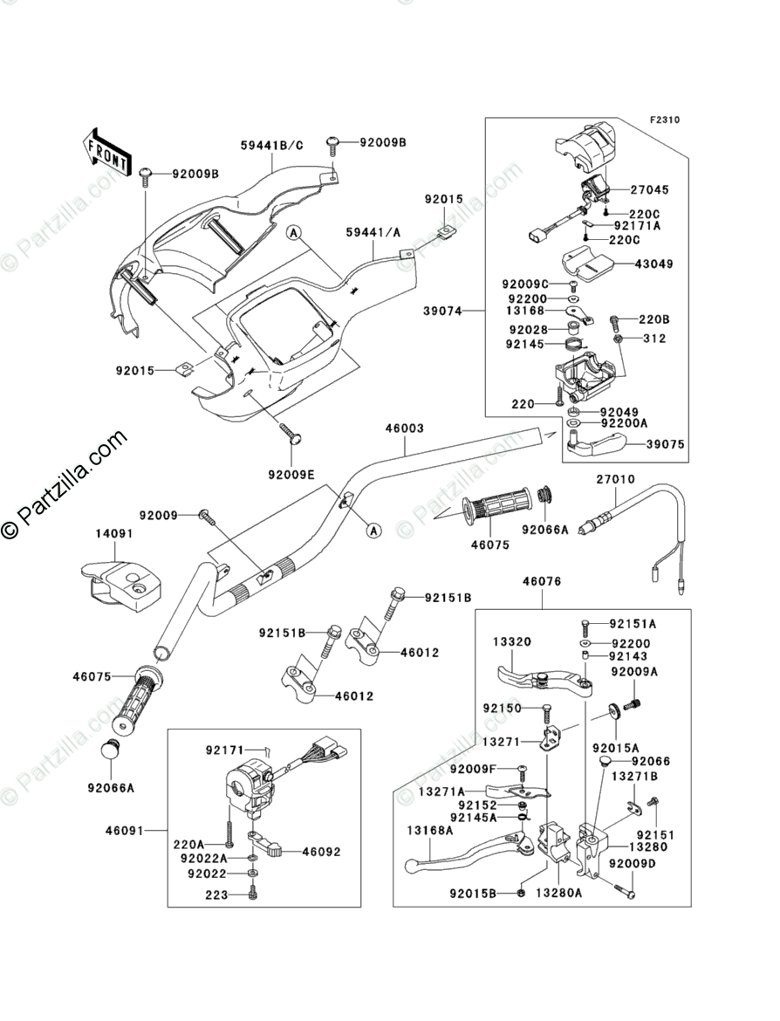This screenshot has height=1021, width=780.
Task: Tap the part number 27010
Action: (x=615, y=479)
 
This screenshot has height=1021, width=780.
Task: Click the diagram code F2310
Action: (x=663, y=120)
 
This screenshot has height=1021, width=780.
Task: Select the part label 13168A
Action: (x=429, y=830)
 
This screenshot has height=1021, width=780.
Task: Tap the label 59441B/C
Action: (x=272, y=146)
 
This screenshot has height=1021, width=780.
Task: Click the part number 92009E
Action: (x=291, y=475)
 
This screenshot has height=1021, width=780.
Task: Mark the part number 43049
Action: (x=653, y=263)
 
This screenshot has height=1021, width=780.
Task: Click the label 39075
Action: (x=666, y=444)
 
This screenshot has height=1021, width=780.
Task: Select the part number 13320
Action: (x=512, y=641)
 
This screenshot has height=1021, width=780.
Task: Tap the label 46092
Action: (x=321, y=852)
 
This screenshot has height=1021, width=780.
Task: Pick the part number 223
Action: (x=216, y=895)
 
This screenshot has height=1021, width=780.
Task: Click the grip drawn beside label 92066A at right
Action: (x=497, y=506)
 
